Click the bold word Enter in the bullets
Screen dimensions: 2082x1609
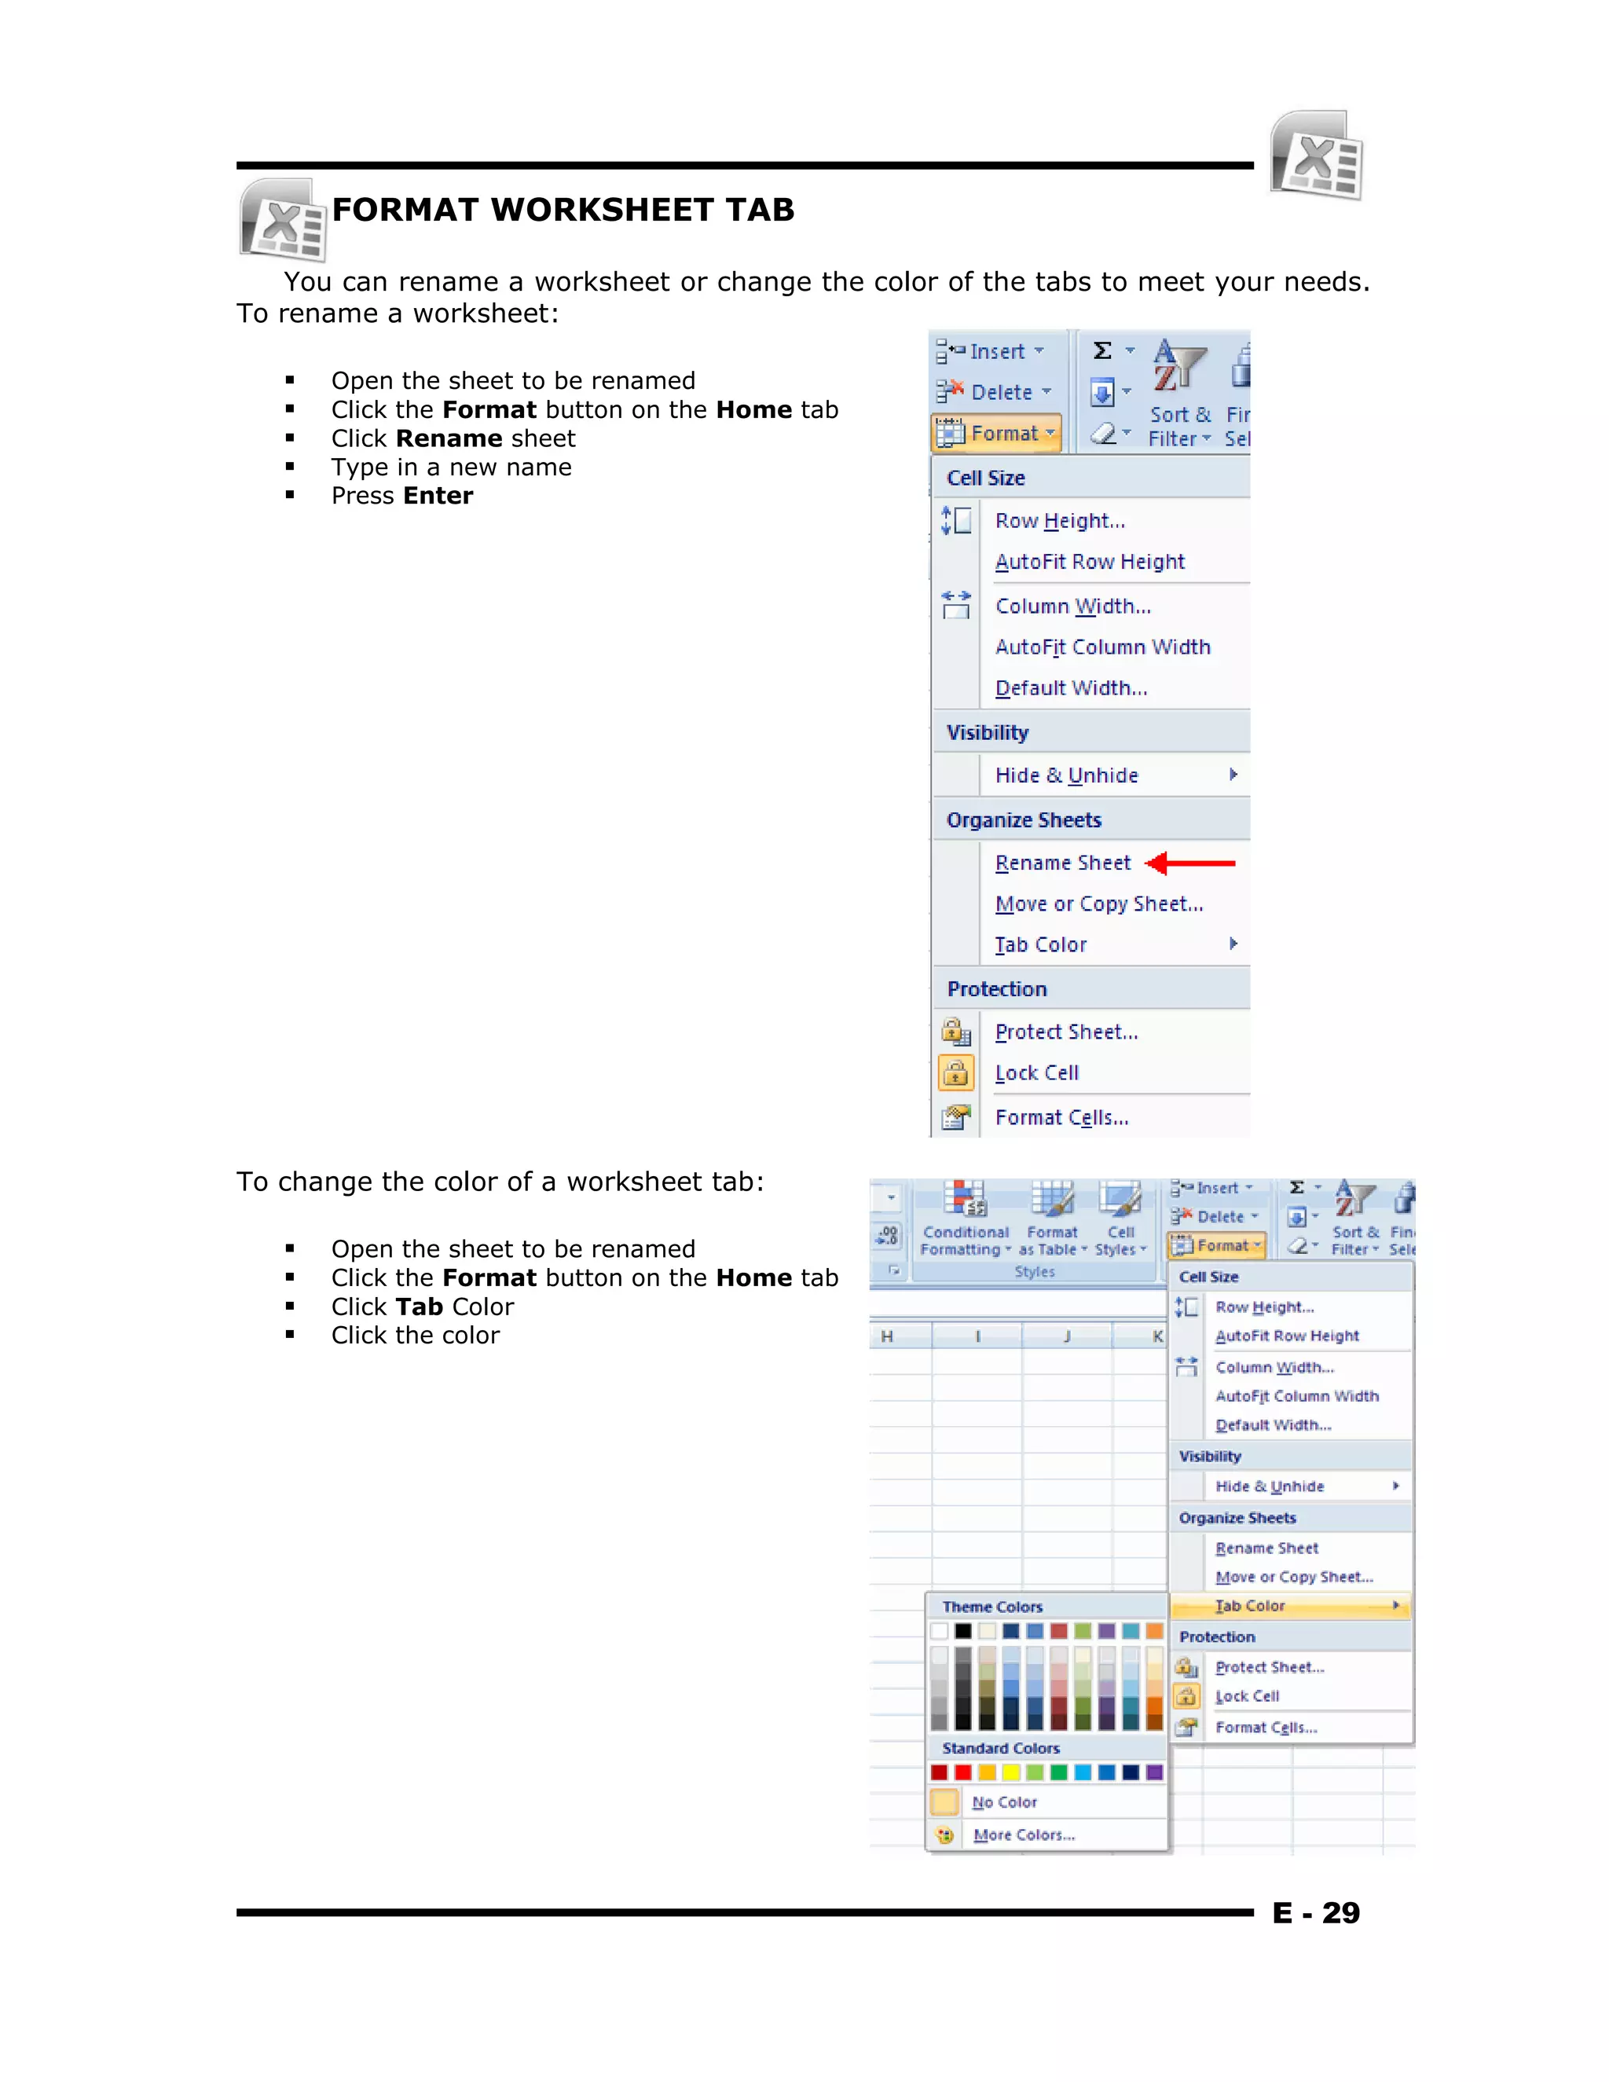point(437,496)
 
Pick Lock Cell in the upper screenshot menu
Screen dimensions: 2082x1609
point(1036,1072)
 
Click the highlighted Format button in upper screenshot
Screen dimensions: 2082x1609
point(996,433)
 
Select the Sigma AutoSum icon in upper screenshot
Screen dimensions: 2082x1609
point(1103,351)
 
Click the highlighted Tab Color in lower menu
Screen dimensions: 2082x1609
point(1251,1605)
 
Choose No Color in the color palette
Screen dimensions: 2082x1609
point(1004,1802)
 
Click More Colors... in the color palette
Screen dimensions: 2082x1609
point(1024,1835)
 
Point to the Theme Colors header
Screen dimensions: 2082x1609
point(992,1607)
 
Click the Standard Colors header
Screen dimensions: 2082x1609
point(1000,1747)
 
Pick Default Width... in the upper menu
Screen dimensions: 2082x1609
point(1071,687)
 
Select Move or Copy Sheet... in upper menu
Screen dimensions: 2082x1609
point(1098,904)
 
